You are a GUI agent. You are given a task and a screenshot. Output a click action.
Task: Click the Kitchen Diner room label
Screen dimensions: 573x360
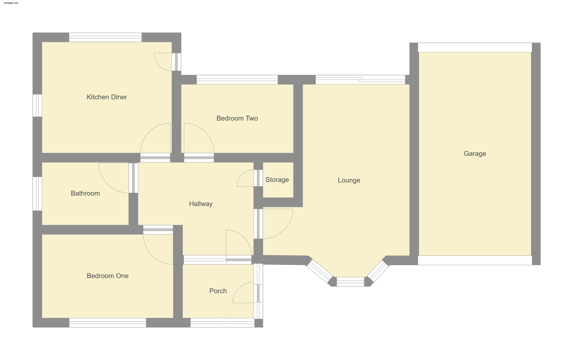pyautogui.click(x=107, y=97)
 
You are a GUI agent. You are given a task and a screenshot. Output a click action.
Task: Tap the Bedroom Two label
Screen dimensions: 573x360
pyautogui.click(x=237, y=118)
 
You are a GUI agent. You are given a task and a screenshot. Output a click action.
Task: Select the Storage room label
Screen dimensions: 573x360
pyautogui.click(x=277, y=180)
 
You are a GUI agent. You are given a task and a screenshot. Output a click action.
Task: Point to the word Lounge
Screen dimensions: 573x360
pyautogui.click(x=349, y=180)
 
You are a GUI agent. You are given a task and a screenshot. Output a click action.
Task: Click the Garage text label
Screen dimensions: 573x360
pyautogui.click(x=475, y=154)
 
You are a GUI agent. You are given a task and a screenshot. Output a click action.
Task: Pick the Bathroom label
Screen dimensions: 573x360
pyautogui.click(x=85, y=193)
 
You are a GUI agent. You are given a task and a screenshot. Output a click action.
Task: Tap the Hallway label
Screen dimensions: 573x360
pyautogui.click(x=201, y=204)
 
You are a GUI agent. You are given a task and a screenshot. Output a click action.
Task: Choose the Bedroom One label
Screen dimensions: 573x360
pyautogui.click(x=107, y=276)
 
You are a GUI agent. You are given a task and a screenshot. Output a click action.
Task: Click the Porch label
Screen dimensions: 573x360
pyautogui.click(x=218, y=291)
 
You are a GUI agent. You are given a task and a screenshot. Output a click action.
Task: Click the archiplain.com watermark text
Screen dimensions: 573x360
pyautogui.click(x=11, y=3)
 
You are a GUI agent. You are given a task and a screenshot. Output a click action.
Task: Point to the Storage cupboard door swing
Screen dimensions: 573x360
pyautogui.click(x=242, y=174)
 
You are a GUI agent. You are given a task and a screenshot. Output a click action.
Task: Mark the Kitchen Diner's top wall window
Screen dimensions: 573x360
pyautogui.click(x=105, y=37)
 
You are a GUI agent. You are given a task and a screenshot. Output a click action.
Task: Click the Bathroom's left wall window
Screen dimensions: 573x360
pyautogui.click(x=37, y=194)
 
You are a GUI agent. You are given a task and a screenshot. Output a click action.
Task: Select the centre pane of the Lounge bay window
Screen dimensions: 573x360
pyautogui.click(x=350, y=282)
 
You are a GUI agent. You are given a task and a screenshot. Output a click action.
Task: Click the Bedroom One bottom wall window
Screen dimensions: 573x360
pyautogui.click(x=108, y=323)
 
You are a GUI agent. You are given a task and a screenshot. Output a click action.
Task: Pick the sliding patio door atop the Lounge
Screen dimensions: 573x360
pyautogui.click(x=360, y=80)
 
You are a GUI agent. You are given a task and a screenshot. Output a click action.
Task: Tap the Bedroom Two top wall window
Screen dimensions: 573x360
pyautogui.click(x=237, y=80)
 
